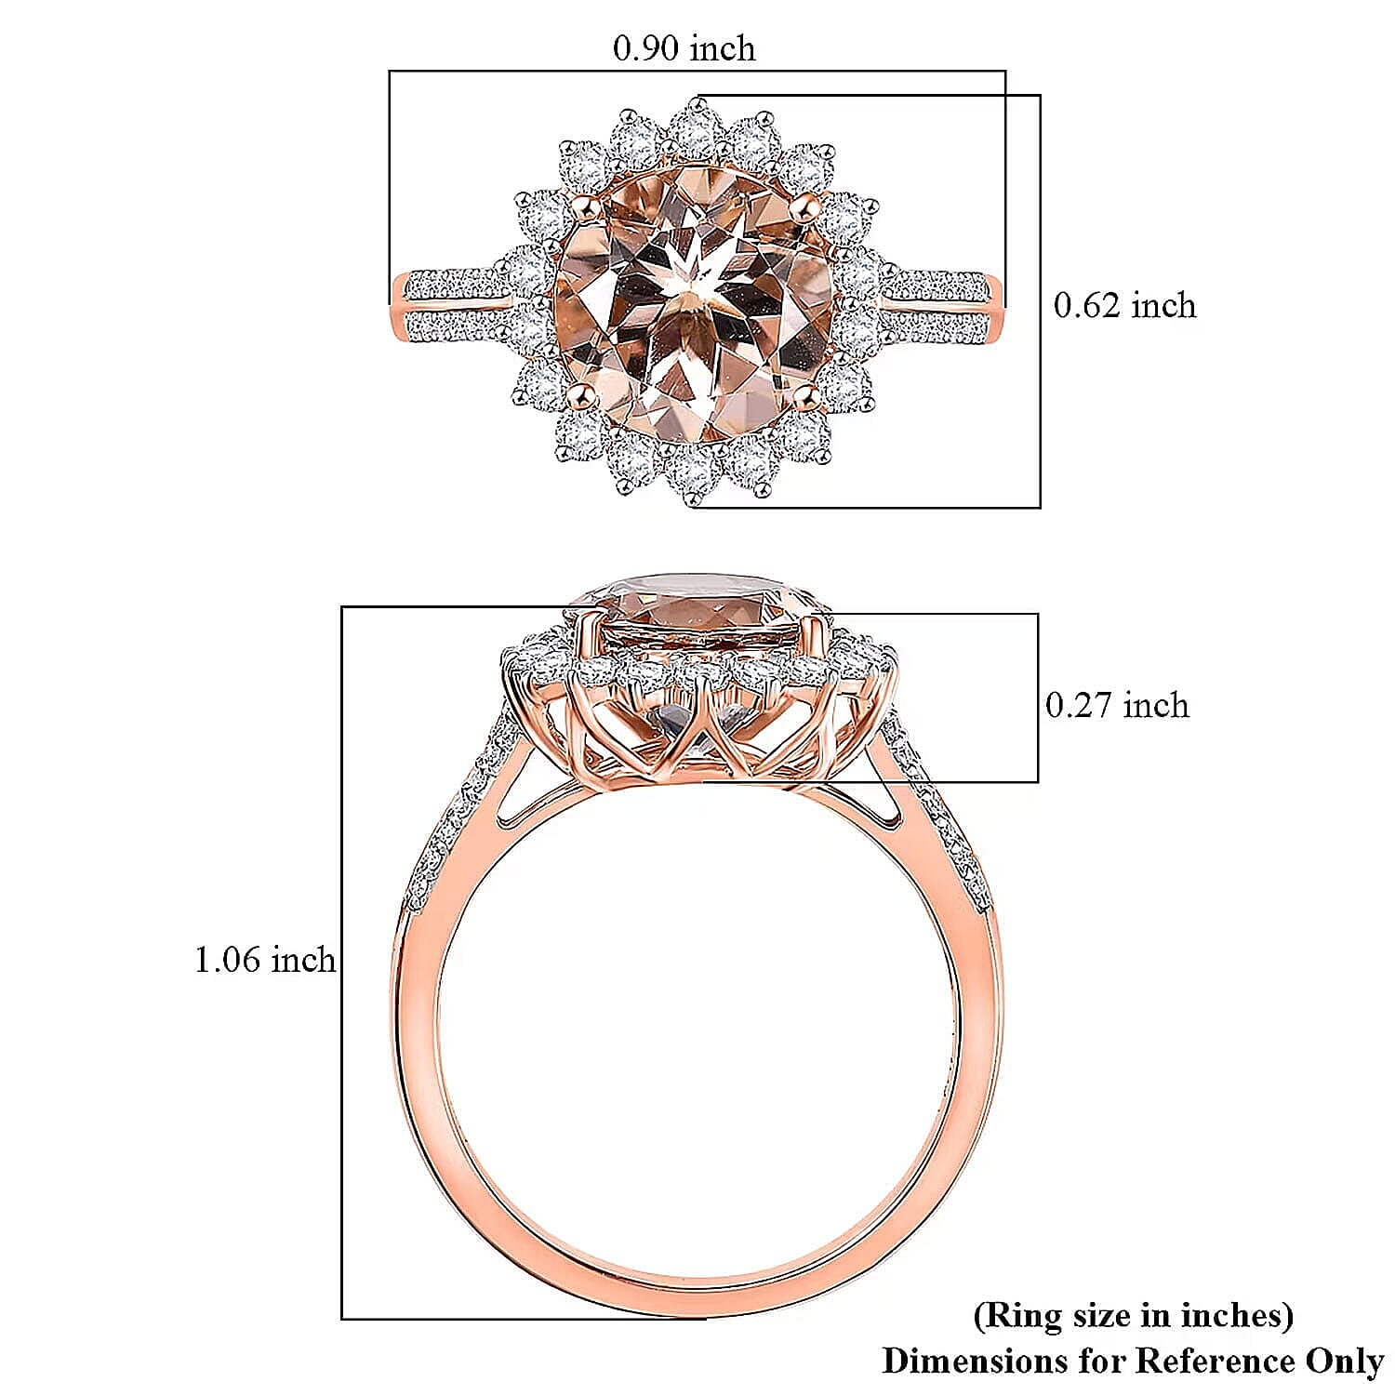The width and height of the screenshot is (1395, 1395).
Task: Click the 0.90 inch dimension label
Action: click(x=684, y=48)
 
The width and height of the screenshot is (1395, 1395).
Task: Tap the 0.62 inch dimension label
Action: click(x=1124, y=305)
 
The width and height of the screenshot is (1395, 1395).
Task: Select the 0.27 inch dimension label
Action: click(x=1117, y=705)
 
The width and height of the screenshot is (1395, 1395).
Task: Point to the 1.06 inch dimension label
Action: click(x=264, y=959)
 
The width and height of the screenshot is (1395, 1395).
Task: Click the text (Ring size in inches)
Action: click(x=1133, y=1315)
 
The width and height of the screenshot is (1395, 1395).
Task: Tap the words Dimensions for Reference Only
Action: click(x=1133, y=1361)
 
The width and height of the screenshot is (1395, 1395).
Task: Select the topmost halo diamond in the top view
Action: click(x=692, y=126)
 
